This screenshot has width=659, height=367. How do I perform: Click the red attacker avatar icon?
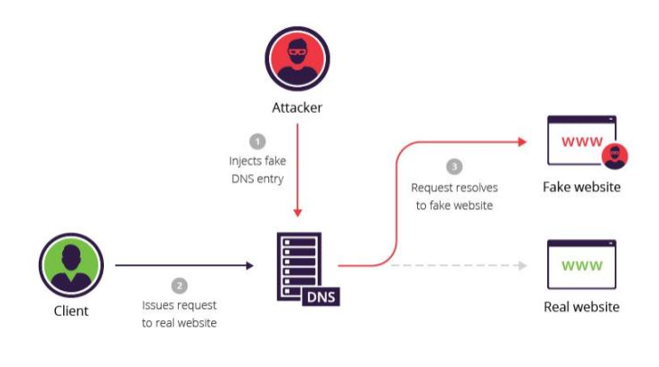[297, 59]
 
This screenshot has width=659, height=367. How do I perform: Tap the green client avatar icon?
[71, 265]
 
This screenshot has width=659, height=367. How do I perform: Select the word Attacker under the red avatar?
[297, 107]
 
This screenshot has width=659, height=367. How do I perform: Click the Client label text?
[71, 311]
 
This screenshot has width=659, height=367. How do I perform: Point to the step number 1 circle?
[257, 141]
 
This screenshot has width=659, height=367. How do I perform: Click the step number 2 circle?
[180, 286]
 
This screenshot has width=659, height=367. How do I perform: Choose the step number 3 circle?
[454, 167]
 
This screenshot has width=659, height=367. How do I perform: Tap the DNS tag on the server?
[321, 297]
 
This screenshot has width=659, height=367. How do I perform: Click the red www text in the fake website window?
[582, 142]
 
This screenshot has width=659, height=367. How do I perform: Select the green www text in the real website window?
[582, 265]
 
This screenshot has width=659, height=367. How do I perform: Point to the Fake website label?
[581, 187]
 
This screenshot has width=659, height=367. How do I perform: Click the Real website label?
[581, 307]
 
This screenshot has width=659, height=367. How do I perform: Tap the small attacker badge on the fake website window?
[615, 156]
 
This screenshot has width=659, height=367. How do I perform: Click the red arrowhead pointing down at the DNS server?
[298, 214]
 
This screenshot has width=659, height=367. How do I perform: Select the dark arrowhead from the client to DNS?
[250, 265]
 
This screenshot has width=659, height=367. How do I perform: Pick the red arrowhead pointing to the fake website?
[523, 142]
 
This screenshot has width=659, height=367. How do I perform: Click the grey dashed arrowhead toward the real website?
[523, 265]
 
